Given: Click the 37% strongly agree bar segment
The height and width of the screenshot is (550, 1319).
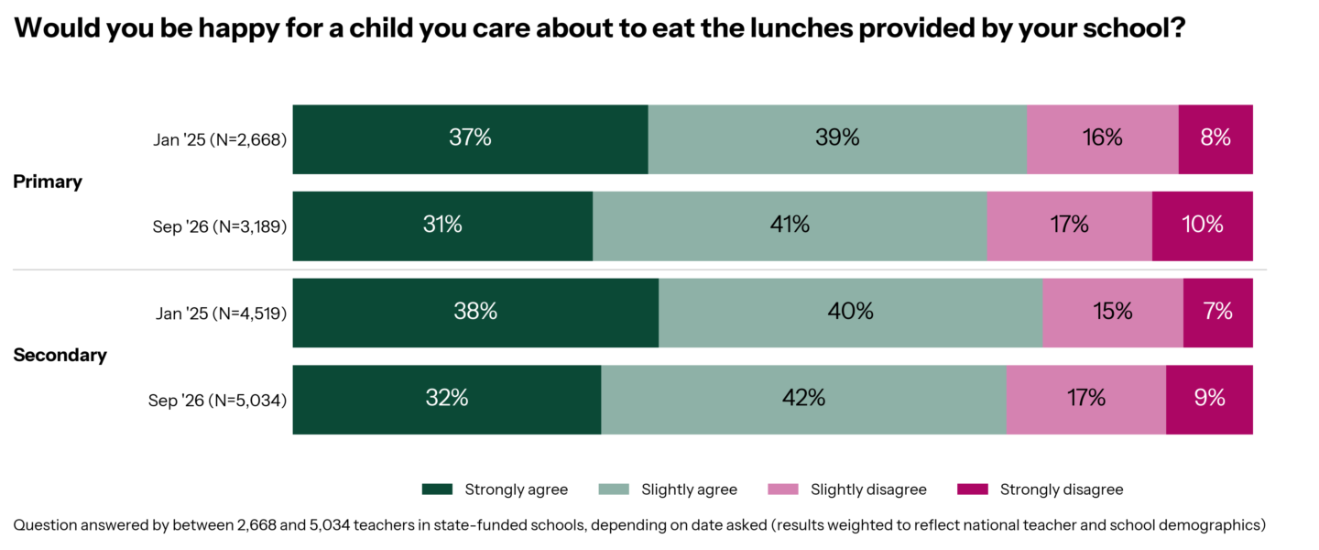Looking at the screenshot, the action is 471,139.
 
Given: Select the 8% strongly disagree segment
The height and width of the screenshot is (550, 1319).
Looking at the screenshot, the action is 1215,139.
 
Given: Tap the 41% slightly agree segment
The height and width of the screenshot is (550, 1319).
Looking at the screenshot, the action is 790,225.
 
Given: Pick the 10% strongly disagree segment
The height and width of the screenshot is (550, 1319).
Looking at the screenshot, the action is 1203,225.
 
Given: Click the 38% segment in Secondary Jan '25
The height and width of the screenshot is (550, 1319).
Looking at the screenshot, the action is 475,313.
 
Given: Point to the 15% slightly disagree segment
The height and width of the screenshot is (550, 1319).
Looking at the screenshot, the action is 1113,313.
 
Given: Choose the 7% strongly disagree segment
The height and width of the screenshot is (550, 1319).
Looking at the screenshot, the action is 1218,313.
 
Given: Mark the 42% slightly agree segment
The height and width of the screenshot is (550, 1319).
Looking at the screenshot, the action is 804,400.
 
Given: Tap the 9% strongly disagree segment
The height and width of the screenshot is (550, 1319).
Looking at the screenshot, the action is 1209,400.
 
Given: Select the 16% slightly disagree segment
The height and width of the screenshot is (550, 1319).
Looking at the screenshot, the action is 1103,139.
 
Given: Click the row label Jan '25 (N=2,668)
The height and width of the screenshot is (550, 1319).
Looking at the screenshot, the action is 220,139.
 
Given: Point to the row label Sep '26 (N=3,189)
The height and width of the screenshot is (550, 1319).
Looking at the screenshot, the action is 220,226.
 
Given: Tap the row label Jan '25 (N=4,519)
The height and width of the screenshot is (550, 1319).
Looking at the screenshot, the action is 222,313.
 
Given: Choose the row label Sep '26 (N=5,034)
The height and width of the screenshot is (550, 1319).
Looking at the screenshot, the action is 218,401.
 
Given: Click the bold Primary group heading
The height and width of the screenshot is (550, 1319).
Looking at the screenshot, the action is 48,181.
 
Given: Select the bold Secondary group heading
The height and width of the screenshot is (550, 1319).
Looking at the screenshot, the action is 60,355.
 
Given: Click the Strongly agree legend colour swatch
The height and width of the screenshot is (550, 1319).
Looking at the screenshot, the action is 438,489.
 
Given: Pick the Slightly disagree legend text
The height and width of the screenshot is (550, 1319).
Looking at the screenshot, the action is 868,489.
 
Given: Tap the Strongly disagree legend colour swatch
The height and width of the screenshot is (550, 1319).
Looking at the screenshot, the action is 973,489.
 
